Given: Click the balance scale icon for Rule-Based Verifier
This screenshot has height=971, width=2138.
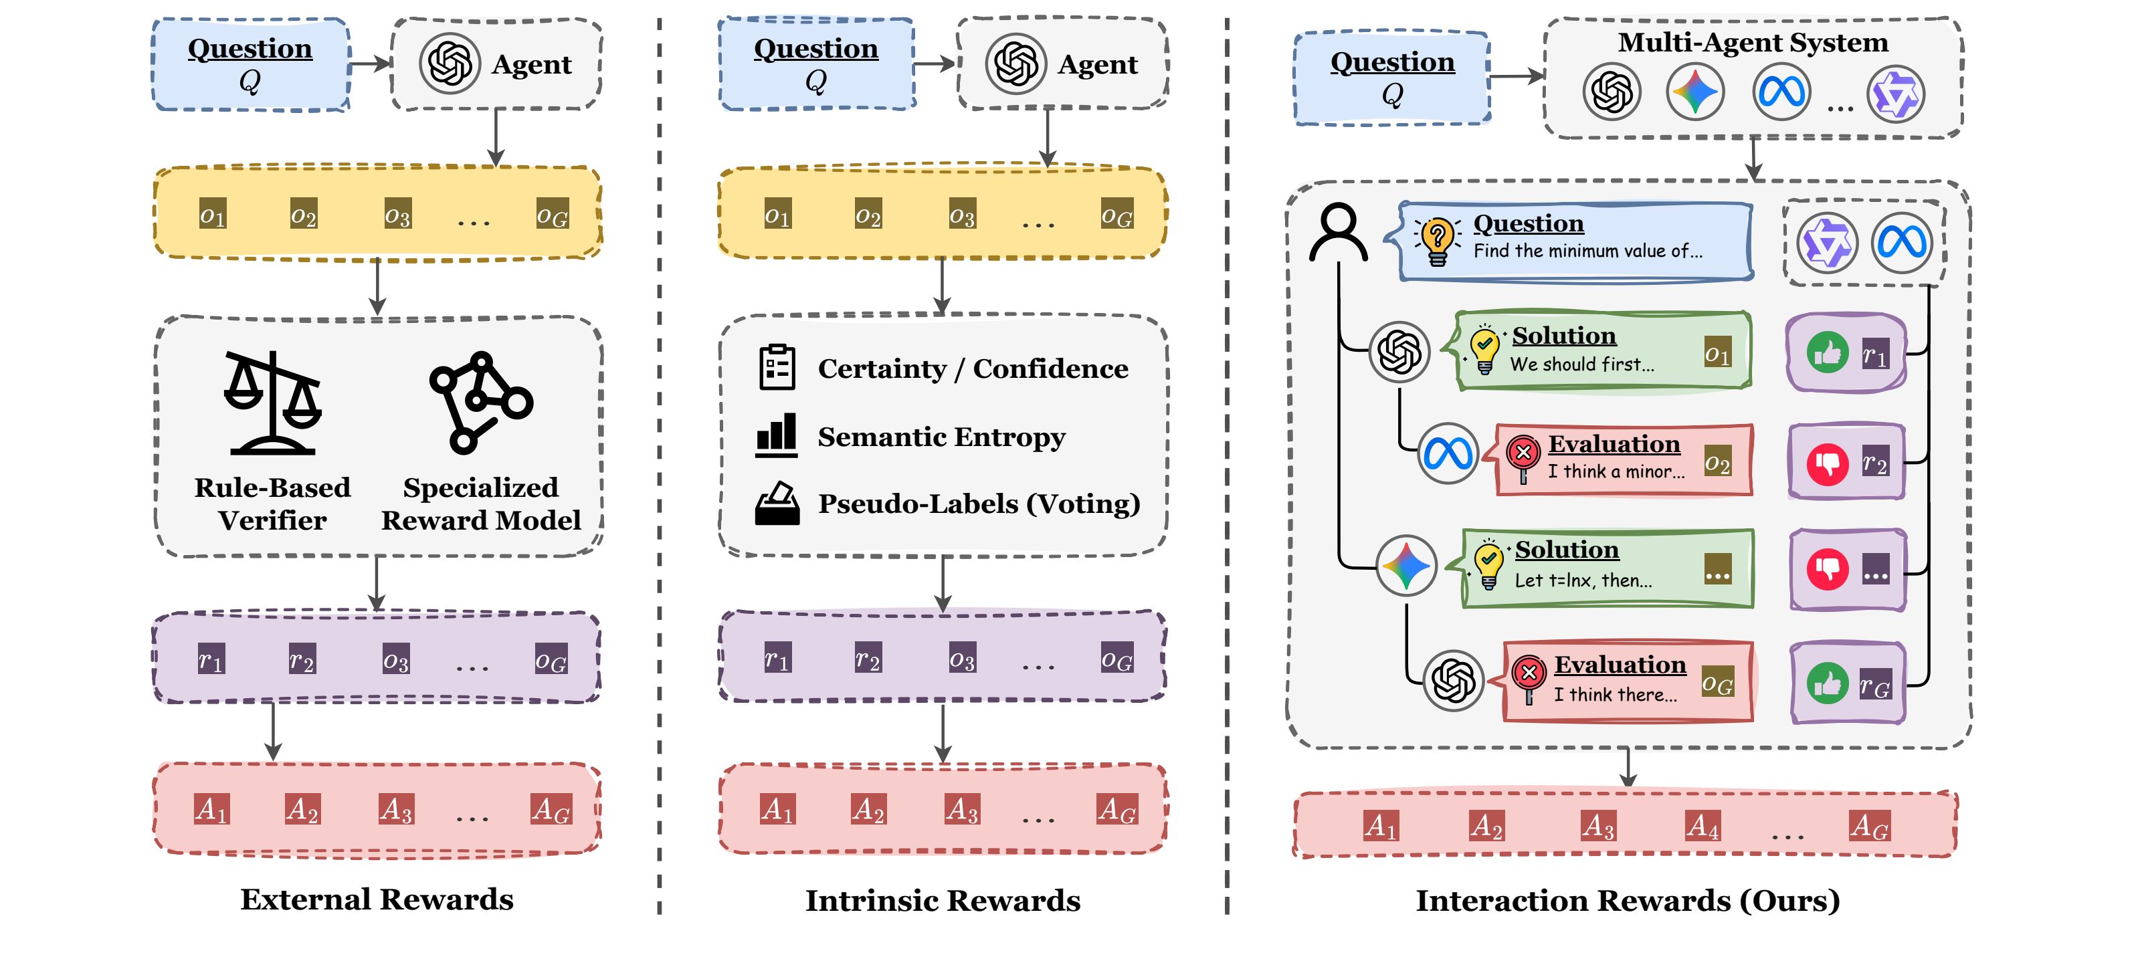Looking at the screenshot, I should (272, 403).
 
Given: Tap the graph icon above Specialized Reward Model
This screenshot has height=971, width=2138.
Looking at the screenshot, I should (480, 403).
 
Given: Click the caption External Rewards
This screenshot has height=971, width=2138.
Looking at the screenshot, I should (377, 899).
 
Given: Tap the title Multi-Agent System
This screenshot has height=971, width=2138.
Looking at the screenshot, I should (1753, 41).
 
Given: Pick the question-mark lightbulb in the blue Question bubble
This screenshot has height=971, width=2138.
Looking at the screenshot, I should (1438, 241).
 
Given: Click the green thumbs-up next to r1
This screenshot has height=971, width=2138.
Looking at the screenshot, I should (1828, 352).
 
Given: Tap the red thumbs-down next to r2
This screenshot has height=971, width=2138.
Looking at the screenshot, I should (1828, 463).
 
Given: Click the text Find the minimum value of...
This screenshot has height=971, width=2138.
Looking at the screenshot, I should (1587, 251).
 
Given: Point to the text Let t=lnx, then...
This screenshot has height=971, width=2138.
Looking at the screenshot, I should (1583, 580).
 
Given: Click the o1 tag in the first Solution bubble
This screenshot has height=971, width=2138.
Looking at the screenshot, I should (1717, 354).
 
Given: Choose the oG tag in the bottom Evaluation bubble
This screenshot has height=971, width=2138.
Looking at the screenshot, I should (1717, 683).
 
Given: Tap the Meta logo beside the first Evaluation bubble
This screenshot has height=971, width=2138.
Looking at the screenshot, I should (1448, 453).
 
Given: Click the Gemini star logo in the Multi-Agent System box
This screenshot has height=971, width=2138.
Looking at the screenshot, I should (1694, 92).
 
